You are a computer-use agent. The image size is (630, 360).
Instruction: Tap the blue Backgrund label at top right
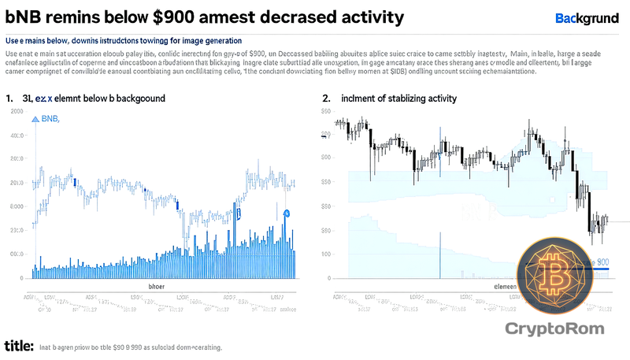point(587,17)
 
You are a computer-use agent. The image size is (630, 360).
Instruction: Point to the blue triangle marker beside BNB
point(35,119)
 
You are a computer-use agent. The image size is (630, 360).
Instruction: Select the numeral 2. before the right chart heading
point(326,98)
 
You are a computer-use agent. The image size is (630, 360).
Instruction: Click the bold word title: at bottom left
point(18,346)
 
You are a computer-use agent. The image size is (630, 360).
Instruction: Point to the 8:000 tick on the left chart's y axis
point(15,206)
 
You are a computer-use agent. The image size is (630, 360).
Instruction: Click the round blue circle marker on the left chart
point(287,213)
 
